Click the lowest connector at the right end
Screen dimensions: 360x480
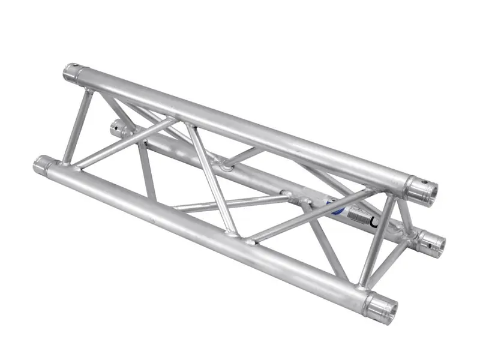(x=381, y=307)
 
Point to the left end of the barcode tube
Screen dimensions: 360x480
(x=118, y=127)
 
